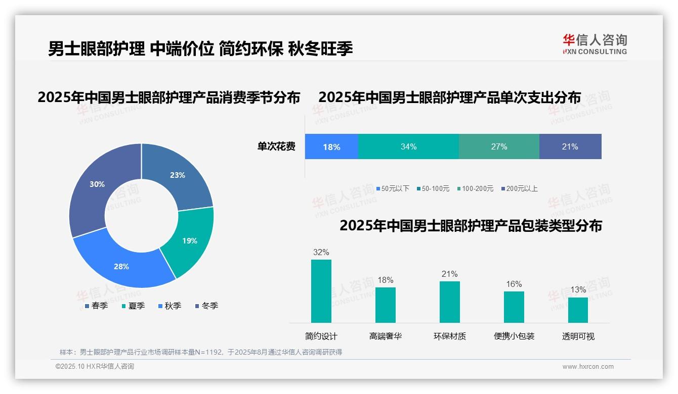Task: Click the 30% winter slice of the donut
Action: click(96, 187)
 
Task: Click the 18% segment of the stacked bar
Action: click(331, 147)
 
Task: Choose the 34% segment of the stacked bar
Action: click(408, 147)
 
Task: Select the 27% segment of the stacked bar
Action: click(499, 147)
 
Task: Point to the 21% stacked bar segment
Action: click(570, 147)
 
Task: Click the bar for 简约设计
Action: click(321, 291)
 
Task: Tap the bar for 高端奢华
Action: click(385, 305)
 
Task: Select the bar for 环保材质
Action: click(449, 302)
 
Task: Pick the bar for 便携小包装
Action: click(514, 307)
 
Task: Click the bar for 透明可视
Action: click(578, 310)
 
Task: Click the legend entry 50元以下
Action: click(393, 188)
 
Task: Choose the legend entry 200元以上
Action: click(519, 188)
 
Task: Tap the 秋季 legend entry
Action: click(169, 306)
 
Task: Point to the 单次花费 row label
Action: click(276, 147)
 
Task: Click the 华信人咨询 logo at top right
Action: click(595, 44)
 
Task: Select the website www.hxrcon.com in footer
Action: click(588, 367)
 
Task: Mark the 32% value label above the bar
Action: click(321, 252)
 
